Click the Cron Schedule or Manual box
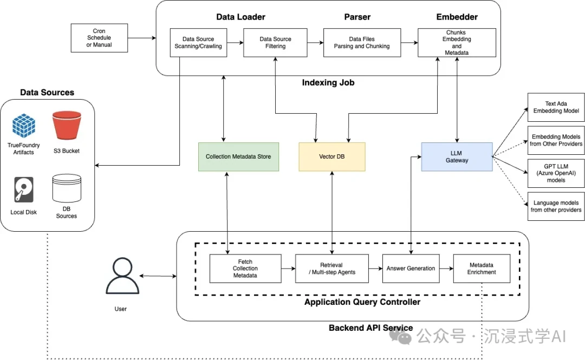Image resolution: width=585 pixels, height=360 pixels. click(x=99, y=38)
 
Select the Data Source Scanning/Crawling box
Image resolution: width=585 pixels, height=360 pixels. click(x=198, y=43)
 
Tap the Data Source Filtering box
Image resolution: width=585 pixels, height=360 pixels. click(x=275, y=43)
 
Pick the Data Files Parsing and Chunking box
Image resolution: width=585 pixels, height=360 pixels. click(x=361, y=43)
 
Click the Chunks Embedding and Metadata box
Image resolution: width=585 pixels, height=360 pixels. click(x=457, y=43)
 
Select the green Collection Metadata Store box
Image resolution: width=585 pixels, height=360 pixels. click(x=238, y=156)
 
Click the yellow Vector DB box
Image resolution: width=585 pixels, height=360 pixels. click(x=332, y=156)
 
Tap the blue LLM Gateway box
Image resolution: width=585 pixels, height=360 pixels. click(x=457, y=156)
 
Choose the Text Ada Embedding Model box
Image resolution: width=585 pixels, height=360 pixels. click(x=556, y=107)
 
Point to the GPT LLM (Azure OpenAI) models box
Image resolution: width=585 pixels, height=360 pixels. click(x=556, y=174)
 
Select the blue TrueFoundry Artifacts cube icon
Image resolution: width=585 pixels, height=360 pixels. click(x=24, y=126)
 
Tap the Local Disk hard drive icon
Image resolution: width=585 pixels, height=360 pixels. click(x=24, y=190)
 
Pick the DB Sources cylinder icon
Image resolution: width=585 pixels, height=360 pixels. click(x=67, y=188)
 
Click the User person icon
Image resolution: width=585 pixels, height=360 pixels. click(x=121, y=277)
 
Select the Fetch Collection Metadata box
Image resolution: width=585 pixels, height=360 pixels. click(x=245, y=269)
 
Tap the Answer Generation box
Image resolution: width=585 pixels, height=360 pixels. click(x=410, y=269)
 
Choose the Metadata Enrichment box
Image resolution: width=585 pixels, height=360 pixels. click(x=482, y=269)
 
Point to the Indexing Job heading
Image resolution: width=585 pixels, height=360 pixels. click(x=328, y=83)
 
